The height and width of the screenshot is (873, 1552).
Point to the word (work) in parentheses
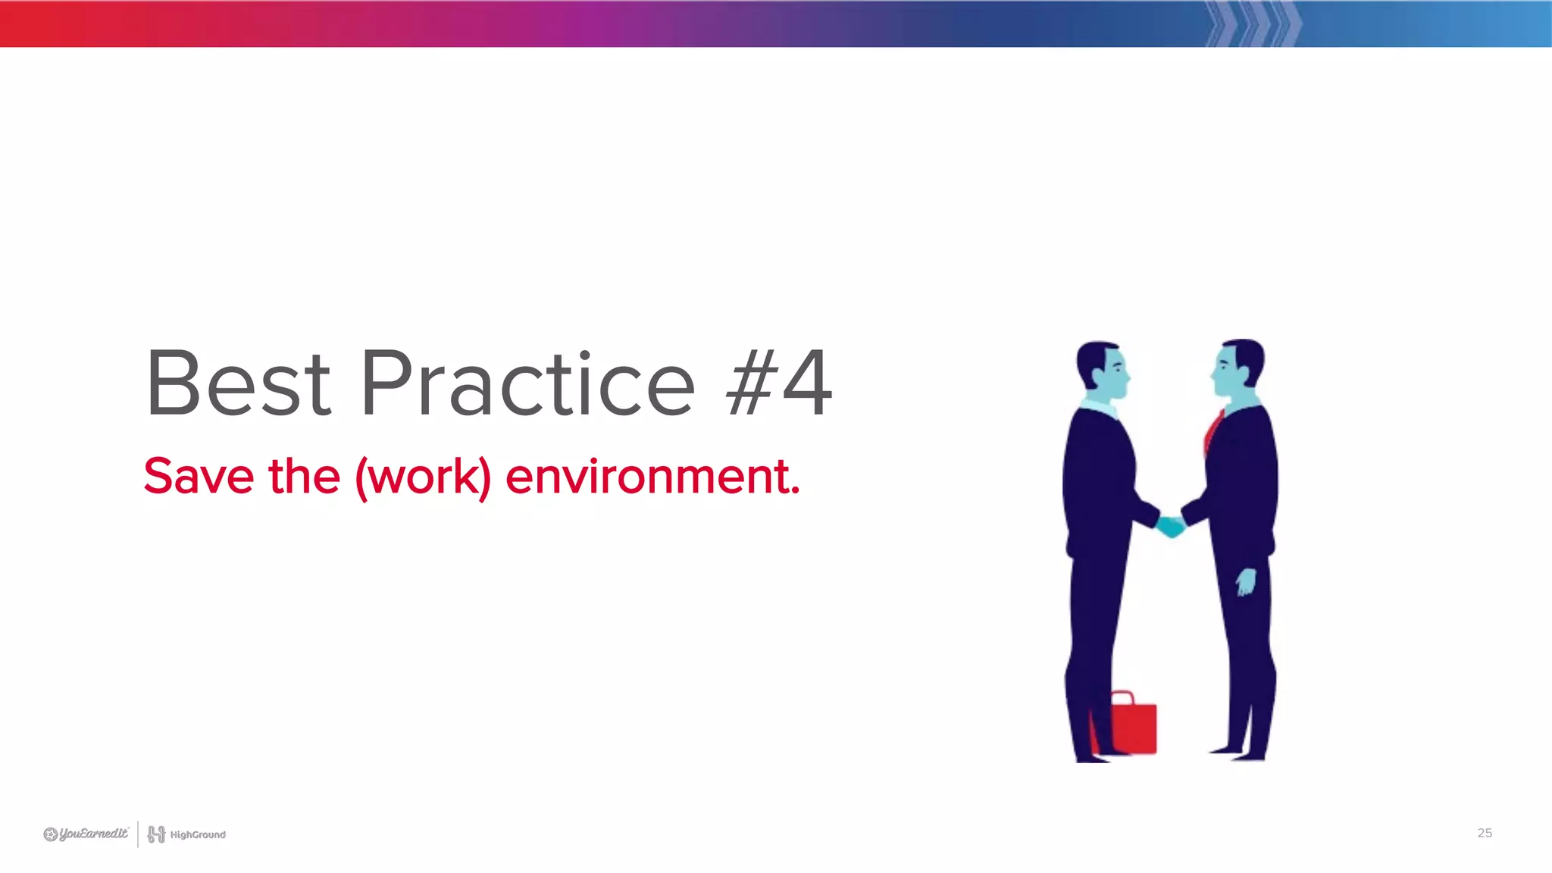tap(423, 477)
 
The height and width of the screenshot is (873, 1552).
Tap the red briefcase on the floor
tap(1132, 727)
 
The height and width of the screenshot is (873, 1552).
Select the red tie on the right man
tap(1212, 432)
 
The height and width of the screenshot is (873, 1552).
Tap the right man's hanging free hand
tap(1245, 582)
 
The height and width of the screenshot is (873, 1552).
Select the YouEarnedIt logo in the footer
tap(86, 834)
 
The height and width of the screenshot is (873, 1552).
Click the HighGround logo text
tap(197, 834)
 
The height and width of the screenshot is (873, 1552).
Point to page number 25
tap(1484, 833)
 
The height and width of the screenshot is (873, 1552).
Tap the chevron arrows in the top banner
tap(1254, 23)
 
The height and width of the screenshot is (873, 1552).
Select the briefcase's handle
tap(1122, 697)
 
